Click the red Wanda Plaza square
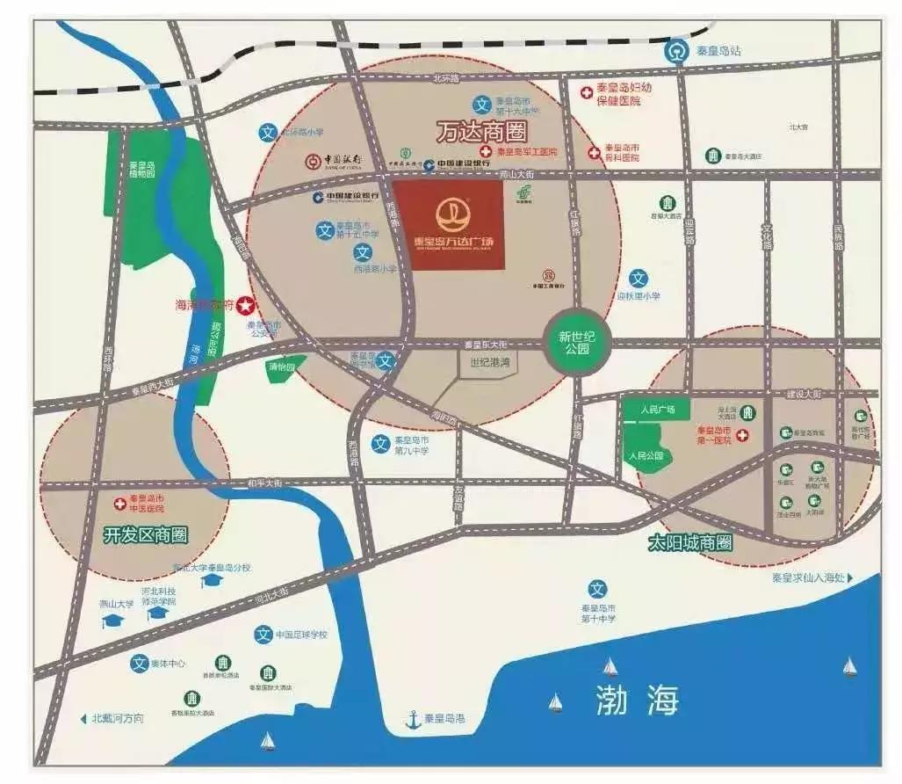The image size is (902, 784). click(x=447, y=226)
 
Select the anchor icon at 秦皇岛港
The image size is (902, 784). click(x=412, y=720)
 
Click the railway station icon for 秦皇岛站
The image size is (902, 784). click(x=675, y=51)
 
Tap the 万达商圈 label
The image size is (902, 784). click(x=480, y=134)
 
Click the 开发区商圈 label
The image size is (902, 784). click(x=145, y=534)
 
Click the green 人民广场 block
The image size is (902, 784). click(x=656, y=410)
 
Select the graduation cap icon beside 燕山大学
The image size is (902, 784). click(x=112, y=621)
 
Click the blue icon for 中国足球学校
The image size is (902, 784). click(x=263, y=635)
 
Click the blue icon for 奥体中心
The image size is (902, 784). click(x=138, y=664)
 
